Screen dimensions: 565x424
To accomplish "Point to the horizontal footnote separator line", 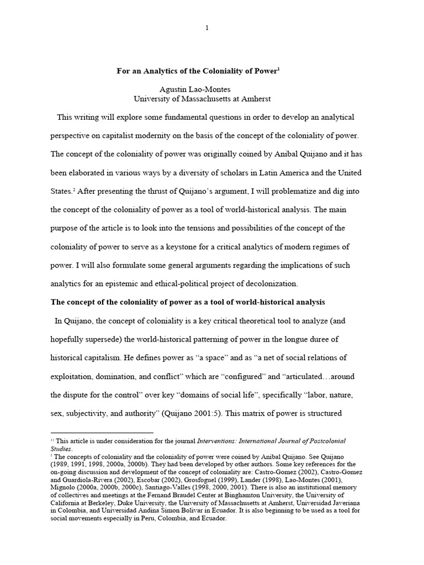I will tap(102, 433).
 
